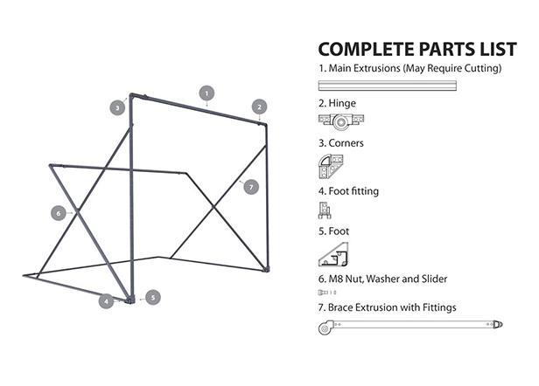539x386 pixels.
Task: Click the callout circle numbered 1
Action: (x=206, y=92)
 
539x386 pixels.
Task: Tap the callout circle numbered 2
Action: (x=259, y=107)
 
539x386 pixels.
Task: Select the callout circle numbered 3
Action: (x=117, y=107)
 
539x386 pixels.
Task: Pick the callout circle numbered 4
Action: (x=106, y=301)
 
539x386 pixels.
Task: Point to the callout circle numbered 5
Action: (x=152, y=297)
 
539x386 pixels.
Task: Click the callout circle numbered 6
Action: (x=59, y=212)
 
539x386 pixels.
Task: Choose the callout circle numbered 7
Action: (x=251, y=186)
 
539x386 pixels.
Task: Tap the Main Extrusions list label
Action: (x=409, y=68)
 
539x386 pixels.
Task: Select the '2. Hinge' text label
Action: (x=337, y=103)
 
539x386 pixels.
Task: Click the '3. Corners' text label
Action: (x=340, y=143)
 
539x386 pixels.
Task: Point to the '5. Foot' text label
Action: (x=333, y=231)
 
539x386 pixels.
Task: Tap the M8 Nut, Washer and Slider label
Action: (x=382, y=279)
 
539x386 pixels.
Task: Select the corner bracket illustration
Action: (x=332, y=166)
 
